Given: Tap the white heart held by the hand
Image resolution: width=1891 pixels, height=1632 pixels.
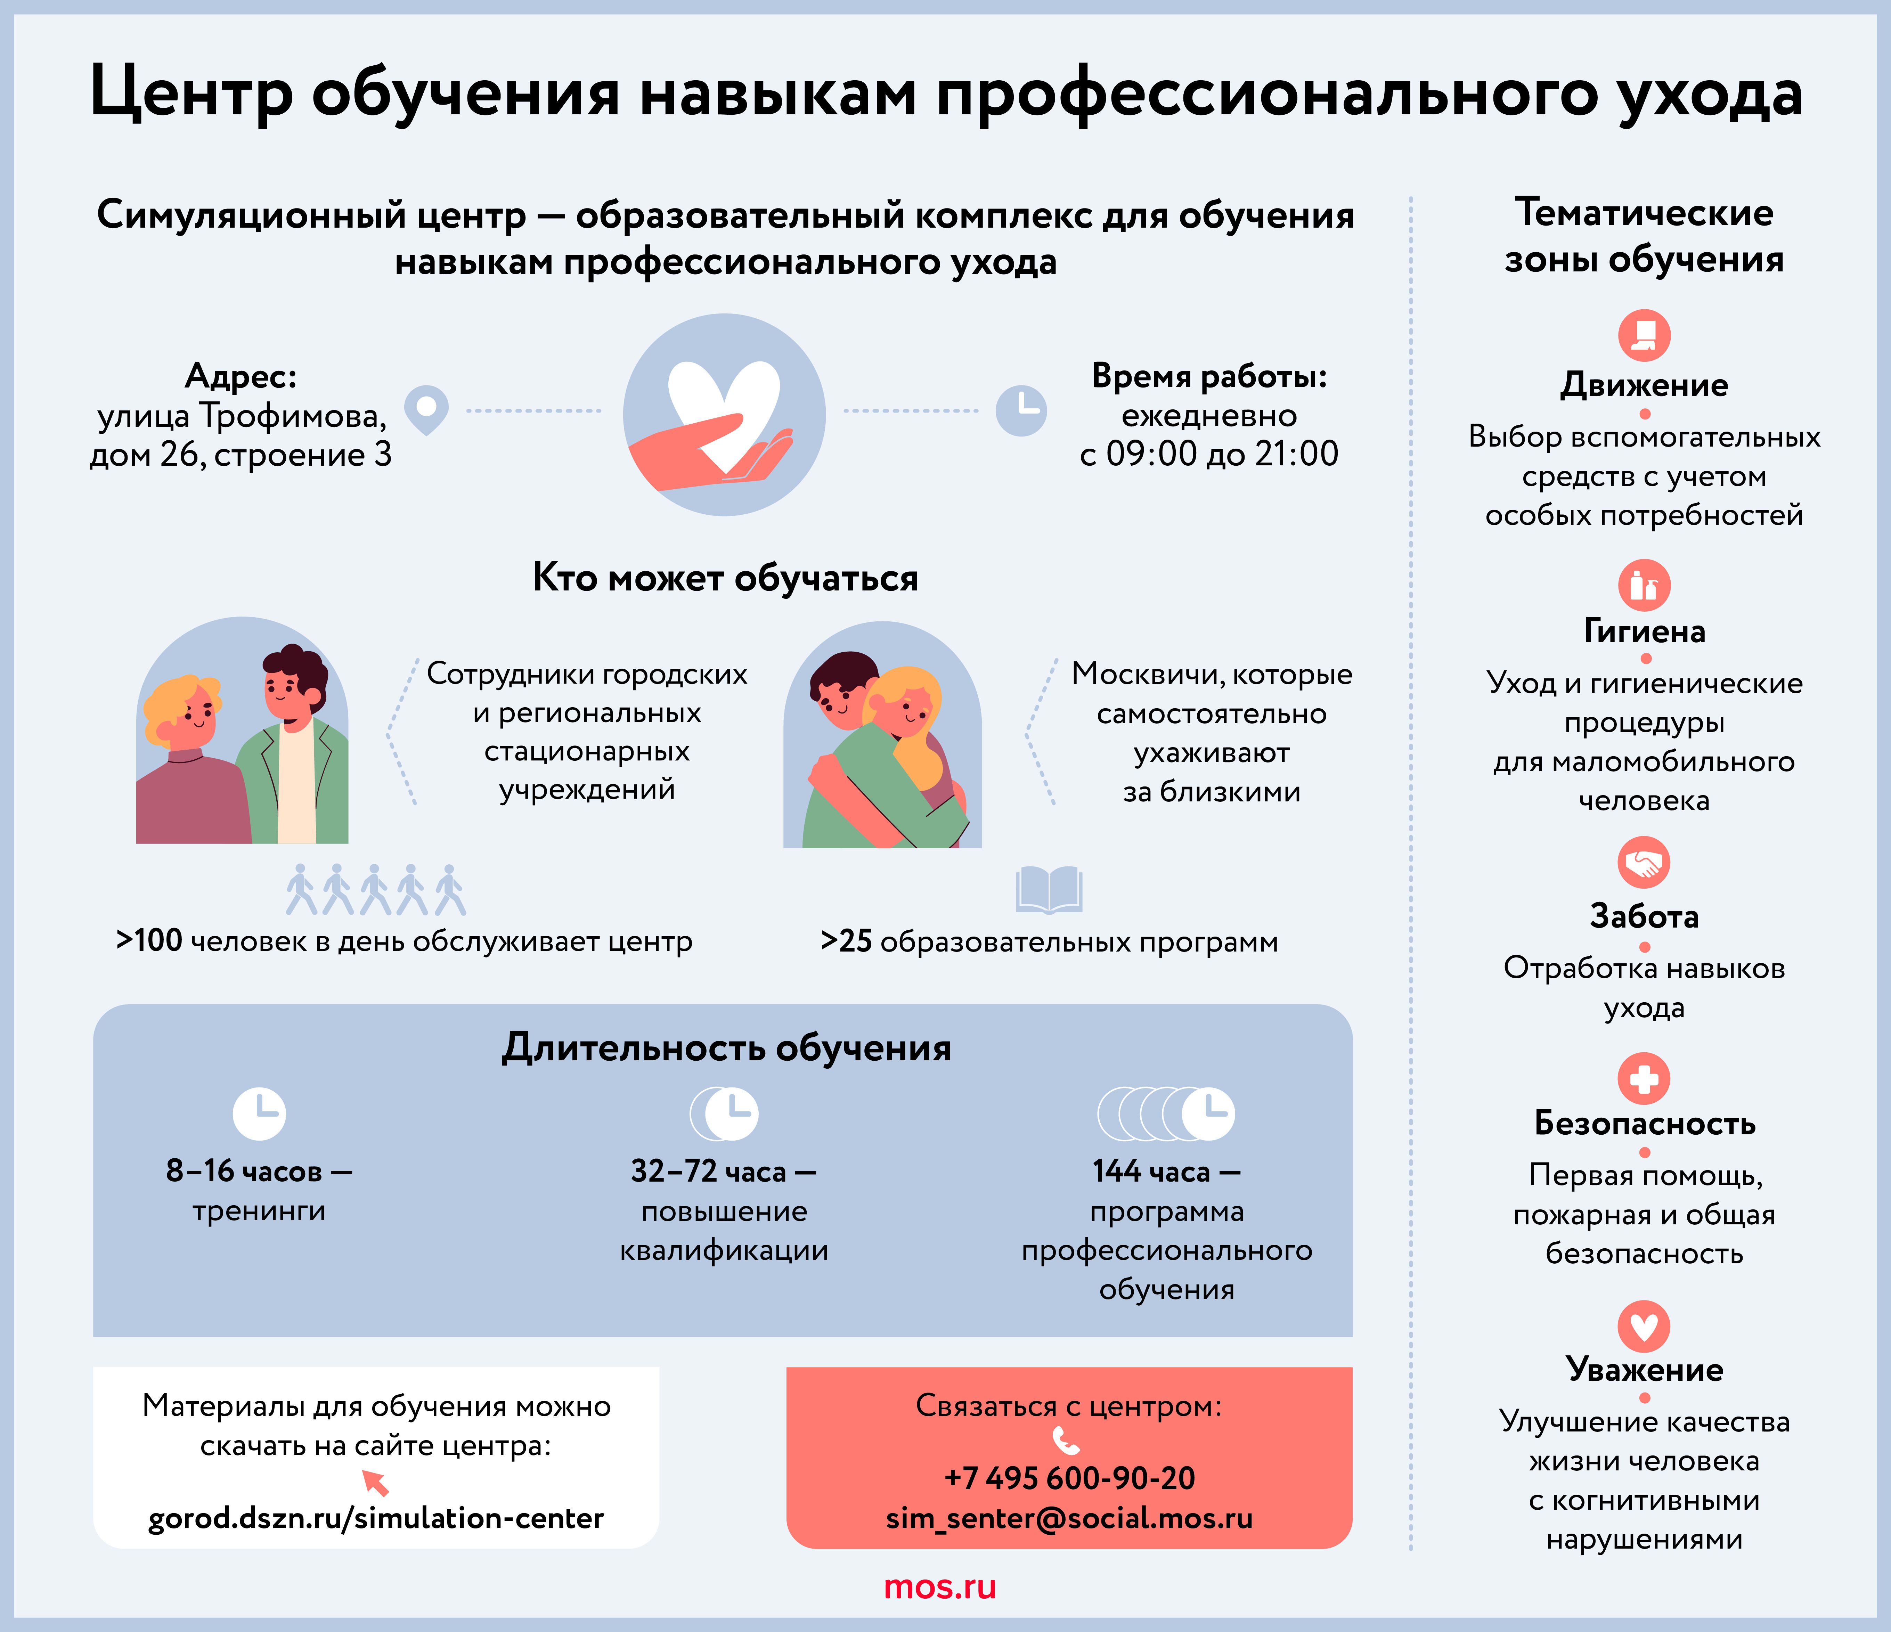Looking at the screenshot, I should point(723,406).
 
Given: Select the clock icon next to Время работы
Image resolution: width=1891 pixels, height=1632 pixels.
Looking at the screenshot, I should point(1020,410).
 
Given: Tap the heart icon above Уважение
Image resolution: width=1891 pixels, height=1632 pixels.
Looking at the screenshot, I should point(1644,1326).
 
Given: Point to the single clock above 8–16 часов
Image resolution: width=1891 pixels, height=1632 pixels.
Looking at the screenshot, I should point(259,1113).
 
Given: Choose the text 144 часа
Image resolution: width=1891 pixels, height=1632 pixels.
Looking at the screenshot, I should point(1151,1171).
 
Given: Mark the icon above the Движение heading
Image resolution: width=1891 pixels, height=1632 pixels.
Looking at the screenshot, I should point(1644,335).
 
